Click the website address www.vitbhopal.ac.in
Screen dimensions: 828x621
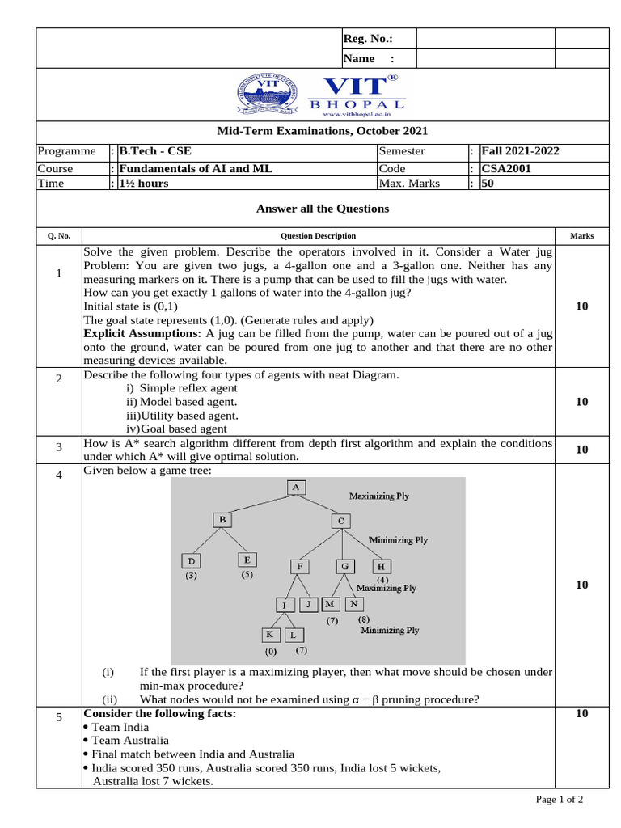click(356, 115)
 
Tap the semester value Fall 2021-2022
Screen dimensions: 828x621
click(520, 151)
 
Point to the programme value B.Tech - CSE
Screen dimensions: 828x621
click(155, 151)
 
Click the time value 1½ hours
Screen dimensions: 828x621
click(144, 184)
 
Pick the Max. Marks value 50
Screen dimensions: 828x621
click(487, 184)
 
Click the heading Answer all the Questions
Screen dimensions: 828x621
click(322, 209)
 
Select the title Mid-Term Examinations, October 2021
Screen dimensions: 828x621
click(322, 131)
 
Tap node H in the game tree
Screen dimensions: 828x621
click(381, 567)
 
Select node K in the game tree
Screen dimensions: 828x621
click(270, 635)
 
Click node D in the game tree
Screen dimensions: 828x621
click(191, 560)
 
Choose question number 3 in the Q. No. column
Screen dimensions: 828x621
click(59, 448)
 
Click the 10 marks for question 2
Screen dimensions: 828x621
click(581, 402)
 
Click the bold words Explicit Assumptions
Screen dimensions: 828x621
click(142, 333)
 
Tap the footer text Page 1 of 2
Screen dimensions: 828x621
click(559, 800)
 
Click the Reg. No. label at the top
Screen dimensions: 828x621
click(368, 39)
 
